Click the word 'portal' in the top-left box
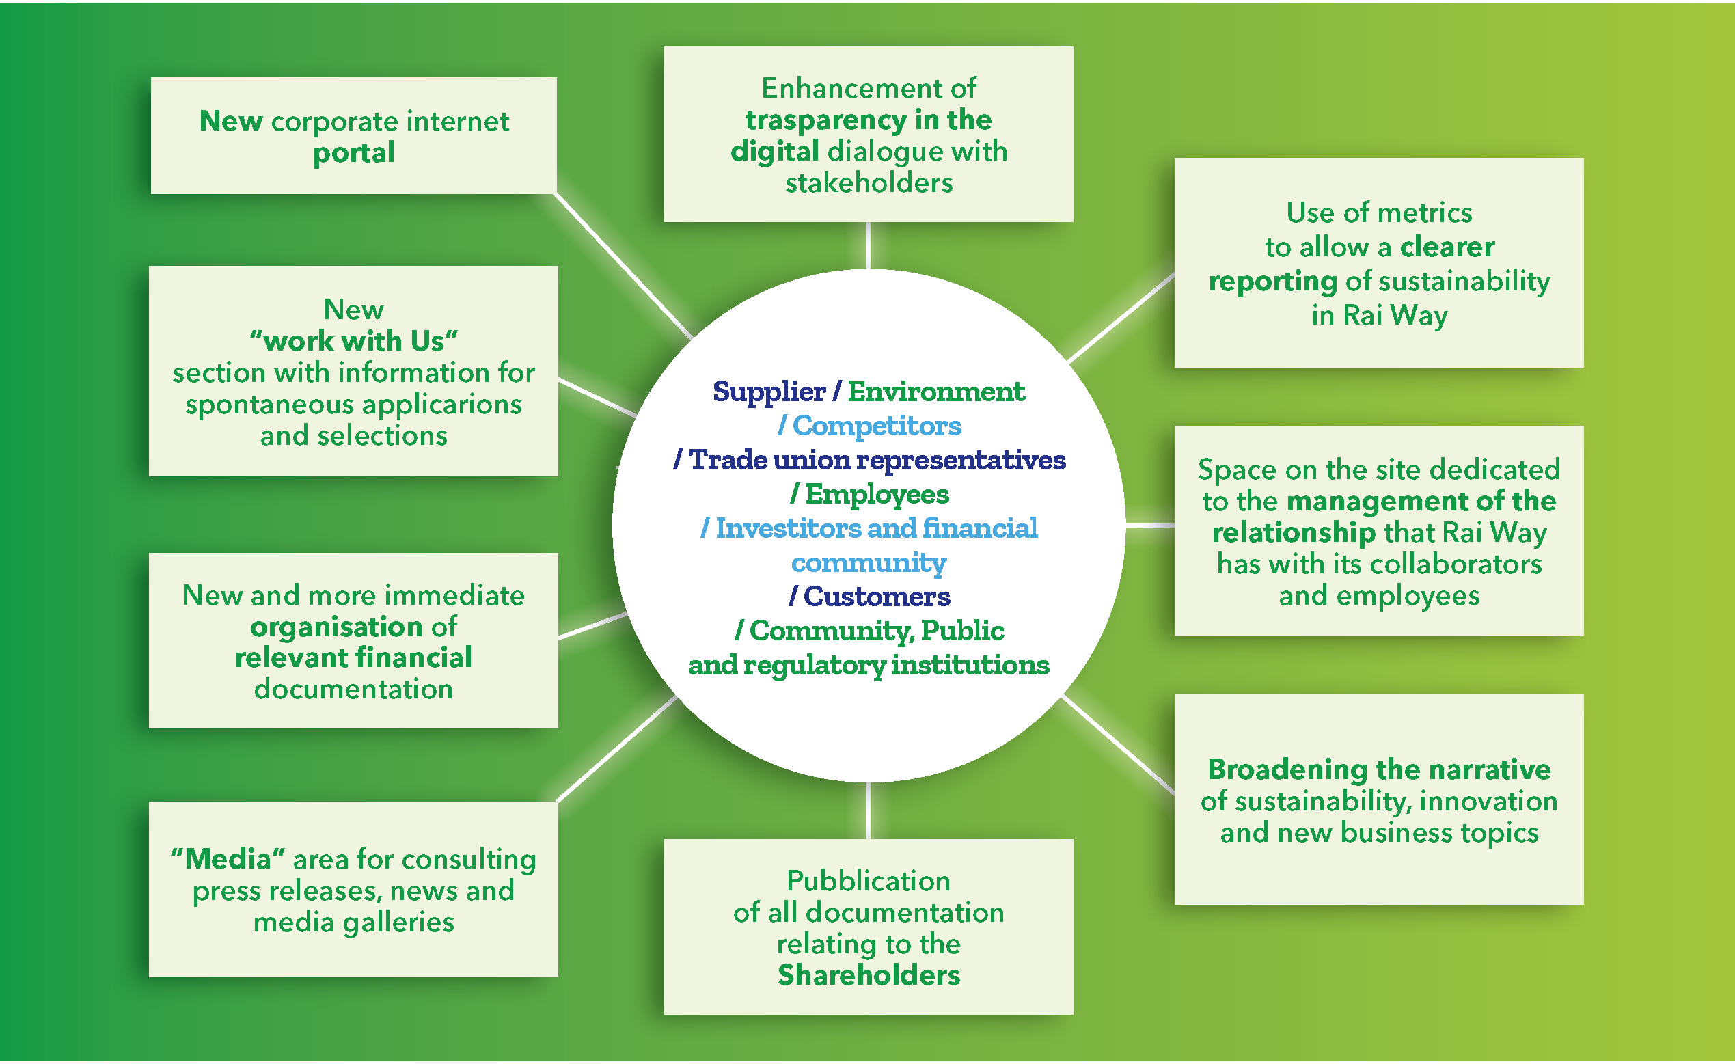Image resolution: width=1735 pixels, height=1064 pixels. point(353,154)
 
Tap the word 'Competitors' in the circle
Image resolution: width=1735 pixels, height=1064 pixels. point(877,426)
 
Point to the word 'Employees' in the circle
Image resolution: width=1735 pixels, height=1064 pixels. point(877,494)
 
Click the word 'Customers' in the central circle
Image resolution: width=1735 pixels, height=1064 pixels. point(877,597)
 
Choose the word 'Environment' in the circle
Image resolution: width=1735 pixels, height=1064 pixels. point(935,392)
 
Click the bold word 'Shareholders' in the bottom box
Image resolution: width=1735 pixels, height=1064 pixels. point(869,975)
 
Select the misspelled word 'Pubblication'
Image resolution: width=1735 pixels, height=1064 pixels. point(869,881)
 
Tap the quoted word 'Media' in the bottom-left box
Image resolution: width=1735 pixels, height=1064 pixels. point(228,859)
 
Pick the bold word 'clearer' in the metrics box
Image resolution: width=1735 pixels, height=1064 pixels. point(1447,247)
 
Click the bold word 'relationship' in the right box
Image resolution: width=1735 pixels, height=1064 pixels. point(1294,533)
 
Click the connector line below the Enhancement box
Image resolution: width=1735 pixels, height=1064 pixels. point(869,246)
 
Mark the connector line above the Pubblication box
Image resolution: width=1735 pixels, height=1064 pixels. point(869,810)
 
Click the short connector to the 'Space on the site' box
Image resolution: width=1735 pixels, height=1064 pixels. point(1150,526)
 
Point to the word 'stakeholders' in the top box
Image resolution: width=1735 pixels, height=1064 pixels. point(869,184)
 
